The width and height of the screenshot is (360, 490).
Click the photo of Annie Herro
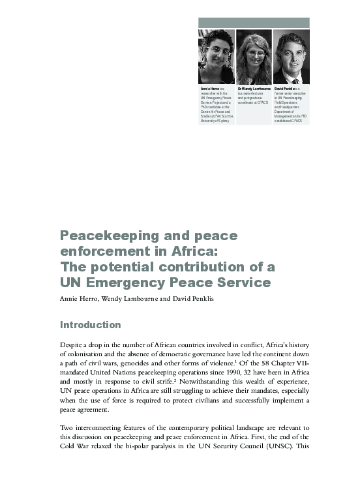tap(217, 57)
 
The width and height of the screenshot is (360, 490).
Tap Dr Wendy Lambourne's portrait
tap(254, 57)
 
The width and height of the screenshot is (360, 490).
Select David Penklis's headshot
tap(291, 57)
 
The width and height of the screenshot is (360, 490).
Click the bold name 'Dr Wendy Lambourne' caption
tap(254, 89)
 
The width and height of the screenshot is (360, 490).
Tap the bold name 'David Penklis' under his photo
tap(285, 89)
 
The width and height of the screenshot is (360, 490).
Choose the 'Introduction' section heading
tap(90, 325)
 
